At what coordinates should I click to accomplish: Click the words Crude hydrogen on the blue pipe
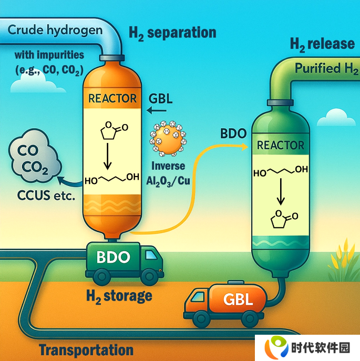[55, 30]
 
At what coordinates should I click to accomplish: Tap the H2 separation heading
[172, 33]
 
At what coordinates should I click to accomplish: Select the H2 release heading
[322, 45]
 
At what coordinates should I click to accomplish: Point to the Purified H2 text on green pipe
[326, 69]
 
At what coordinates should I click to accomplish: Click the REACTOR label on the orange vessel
[112, 98]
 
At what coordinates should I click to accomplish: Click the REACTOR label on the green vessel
[280, 145]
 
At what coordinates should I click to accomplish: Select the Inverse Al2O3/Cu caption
[168, 173]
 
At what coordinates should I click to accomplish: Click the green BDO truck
[125, 263]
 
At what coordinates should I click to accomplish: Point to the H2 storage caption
[119, 296]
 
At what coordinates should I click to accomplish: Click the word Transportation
[86, 350]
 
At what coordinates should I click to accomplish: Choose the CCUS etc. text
[46, 196]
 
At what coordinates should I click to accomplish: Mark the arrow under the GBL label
[157, 111]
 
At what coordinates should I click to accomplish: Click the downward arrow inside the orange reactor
[107, 156]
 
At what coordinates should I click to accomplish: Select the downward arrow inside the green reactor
[281, 192]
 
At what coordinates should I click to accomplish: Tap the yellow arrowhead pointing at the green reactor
[244, 147]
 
